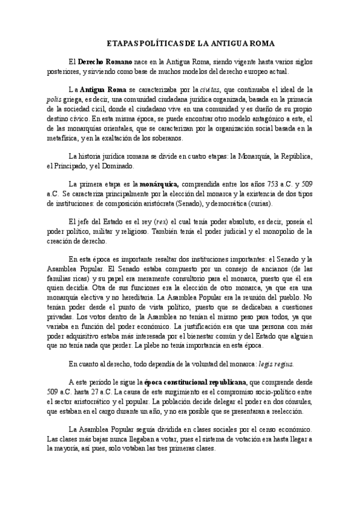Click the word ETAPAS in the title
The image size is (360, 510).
click(x=120, y=45)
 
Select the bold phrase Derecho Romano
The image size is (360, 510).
click(x=103, y=62)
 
